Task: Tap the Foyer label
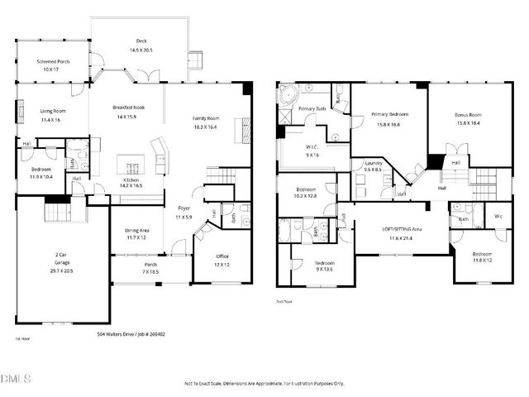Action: [x=183, y=208]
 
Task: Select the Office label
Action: [x=222, y=256]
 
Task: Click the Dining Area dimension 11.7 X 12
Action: [x=137, y=238]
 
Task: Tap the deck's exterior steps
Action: [x=196, y=62]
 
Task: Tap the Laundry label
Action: [x=374, y=164]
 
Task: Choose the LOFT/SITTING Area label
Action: [x=400, y=228]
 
